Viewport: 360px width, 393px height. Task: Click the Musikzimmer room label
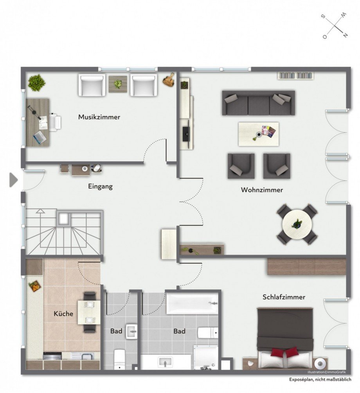(x=99, y=117)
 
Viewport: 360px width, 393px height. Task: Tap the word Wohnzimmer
(x=262, y=190)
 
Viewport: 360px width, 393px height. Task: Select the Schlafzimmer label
(x=284, y=297)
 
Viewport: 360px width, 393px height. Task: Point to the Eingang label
(x=100, y=187)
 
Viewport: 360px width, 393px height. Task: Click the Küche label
(x=63, y=314)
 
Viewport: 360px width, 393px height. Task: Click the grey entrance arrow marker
(x=14, y=180)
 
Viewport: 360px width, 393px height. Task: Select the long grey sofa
(x=258, y=103)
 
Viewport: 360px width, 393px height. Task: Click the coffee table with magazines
(x=258, y=134)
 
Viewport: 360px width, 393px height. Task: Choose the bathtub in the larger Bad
(x=192, y=304)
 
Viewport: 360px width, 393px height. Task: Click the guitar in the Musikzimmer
(x=169, y=80)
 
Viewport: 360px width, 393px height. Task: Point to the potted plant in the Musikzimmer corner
(x=37, y=82)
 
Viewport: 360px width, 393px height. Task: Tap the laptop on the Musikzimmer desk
(x=40, y=137)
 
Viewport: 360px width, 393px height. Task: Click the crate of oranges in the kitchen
(x=35, y=286)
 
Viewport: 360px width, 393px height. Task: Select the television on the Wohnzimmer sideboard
(x=186, y=131)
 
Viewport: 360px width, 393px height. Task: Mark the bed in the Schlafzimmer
(x=285, y=339)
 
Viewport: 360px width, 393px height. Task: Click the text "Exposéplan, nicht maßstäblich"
(x=320, y=379)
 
